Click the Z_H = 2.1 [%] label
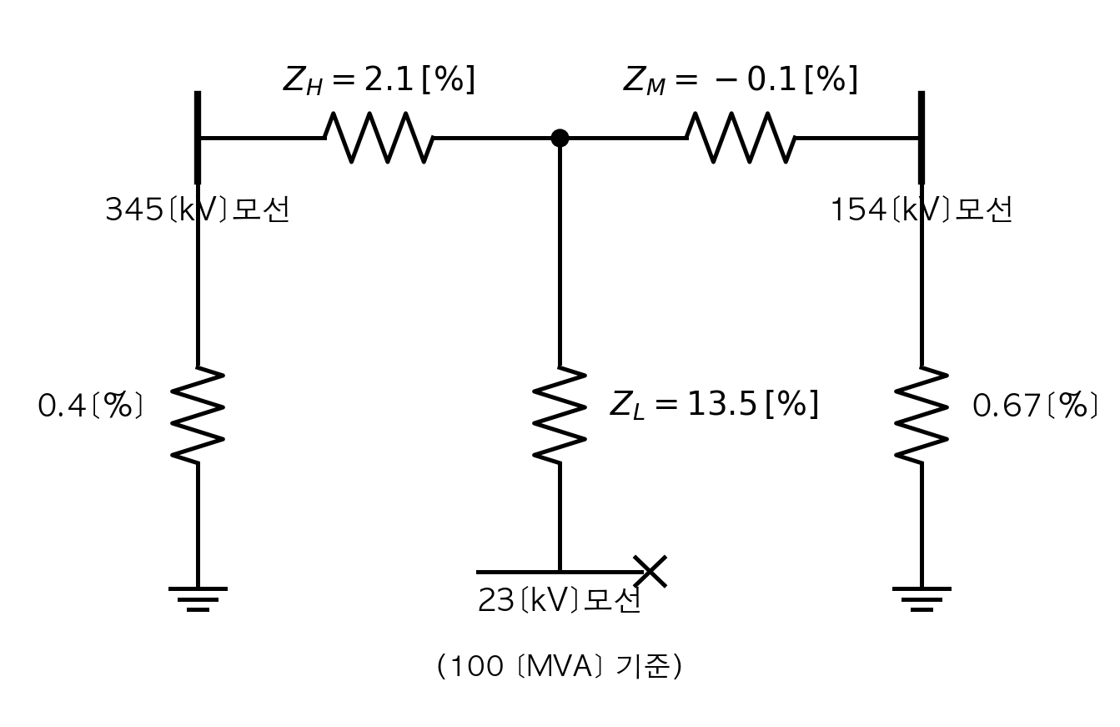[379, 80]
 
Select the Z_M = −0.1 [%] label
[741, 80]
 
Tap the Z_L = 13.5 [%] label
[714, 404]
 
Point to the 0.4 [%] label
[91, 406]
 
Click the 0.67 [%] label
[1035, 406]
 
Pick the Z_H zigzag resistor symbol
[379, 138]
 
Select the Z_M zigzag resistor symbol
[741, 138]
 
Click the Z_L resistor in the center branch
[560, 416]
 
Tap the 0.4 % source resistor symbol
[198, 416]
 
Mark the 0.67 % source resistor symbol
[922, 416]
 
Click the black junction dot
[560, 138]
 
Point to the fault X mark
[650, 571]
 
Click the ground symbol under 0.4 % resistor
[198, 599]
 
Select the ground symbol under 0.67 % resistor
[922, 599]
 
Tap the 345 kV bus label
[198, 210]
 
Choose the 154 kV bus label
[922, 210]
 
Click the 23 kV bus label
[560, 600]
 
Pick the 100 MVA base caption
[560, 666]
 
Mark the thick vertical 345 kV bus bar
[198, 138]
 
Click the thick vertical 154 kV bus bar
[922, 138]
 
